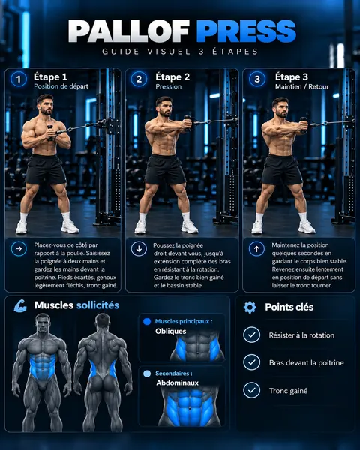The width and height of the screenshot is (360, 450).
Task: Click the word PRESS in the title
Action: coord(246,31)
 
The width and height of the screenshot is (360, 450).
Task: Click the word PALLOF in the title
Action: coord(129,31)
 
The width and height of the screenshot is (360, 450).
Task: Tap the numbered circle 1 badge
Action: coord(19,79)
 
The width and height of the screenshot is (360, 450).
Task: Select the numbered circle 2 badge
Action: coord(139,79)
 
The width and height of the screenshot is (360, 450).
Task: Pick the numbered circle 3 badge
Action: coord(257,79)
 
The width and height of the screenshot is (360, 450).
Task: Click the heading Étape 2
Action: coord(172,77)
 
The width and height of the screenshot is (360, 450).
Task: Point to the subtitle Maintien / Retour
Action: coord(302,86)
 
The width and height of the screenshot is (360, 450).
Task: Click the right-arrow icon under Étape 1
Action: coord(19,248)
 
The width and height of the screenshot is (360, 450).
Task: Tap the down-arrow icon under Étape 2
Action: coord(139,248)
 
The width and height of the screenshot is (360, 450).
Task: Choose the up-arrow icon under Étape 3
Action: coord(257,248)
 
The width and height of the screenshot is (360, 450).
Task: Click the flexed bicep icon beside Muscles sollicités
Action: coord(20,306)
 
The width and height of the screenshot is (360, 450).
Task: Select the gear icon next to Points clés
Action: coord(250,307)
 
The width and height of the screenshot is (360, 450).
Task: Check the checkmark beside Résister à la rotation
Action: coord(252,334)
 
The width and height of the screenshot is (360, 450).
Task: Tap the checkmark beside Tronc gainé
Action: coord(252,390)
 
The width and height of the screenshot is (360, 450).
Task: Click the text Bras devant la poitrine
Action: coord(306,363)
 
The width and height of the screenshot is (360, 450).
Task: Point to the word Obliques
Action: coord(171,331)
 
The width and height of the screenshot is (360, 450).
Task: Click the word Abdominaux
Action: coord(178,382)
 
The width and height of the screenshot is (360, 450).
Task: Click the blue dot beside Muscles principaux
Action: coord(147,322)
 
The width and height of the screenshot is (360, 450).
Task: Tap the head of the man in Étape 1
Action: coord(45,105)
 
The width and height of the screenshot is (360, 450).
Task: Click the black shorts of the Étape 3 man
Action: coord(282,170)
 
